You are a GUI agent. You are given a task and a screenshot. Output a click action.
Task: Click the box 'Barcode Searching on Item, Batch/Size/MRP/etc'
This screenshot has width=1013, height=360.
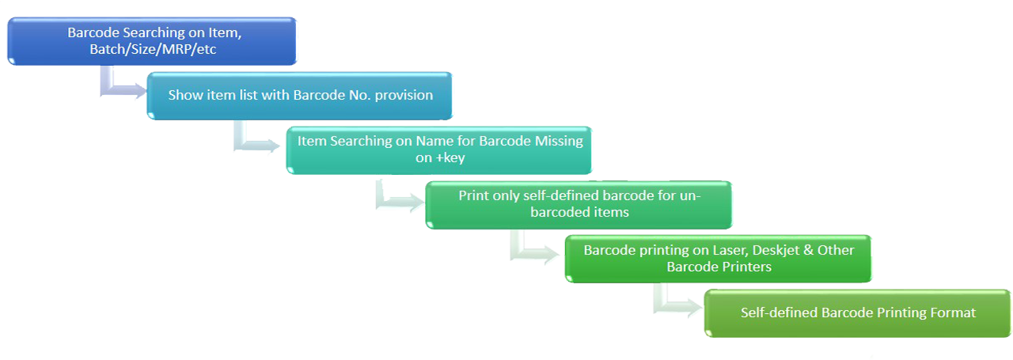point(152,41)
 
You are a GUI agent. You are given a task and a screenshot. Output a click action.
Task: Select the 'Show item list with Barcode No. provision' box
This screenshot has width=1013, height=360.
point(300,95)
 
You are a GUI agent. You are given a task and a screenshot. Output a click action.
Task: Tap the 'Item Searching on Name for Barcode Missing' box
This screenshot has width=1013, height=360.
point(439,149)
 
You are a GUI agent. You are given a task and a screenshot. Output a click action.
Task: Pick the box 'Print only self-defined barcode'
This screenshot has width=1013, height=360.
point(579,204)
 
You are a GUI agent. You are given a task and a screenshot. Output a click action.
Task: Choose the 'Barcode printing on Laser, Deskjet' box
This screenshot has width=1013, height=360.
point(719,258)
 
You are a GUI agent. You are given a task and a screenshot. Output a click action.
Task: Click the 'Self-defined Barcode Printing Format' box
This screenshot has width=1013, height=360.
point(858,313)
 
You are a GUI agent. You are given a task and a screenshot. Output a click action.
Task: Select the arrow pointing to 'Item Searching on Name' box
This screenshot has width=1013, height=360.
point(265,142)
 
